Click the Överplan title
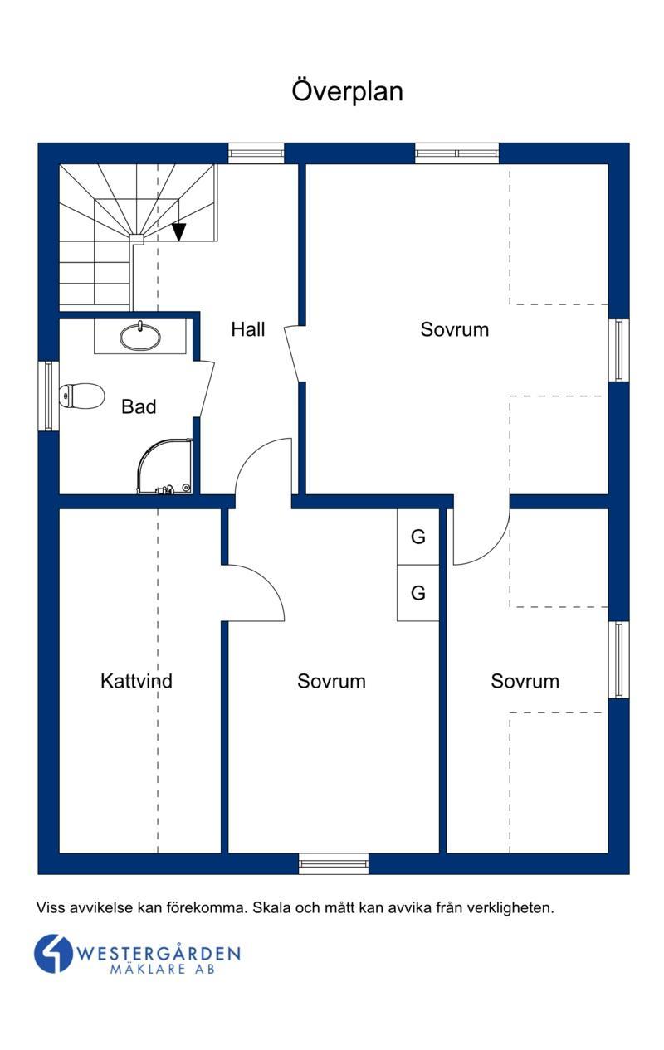click(x=347, y=91)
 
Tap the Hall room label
click(x=248, y=329)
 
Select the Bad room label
click(x=139, y=406)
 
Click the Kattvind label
click(x=137, y=681)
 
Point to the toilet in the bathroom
click(x=81, y=395)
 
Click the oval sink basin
click(x=140, y=337)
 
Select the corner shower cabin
click(x=165, y=466)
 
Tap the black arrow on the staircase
click(x=178, y=232)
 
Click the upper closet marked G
click(x=418, y=537)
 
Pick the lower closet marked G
click(x=418, y=593)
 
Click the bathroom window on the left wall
click(x=49, y=396)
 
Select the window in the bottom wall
click(x=334, y=863)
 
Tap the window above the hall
click(x=256, y=153)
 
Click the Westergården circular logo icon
click(x=53, y=954)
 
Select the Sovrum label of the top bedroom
click(x=455, y=329)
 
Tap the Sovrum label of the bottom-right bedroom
click(x=525, y=681)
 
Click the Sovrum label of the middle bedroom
click(x=331, y=681)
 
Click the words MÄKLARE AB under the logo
click(x=163, y=969)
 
